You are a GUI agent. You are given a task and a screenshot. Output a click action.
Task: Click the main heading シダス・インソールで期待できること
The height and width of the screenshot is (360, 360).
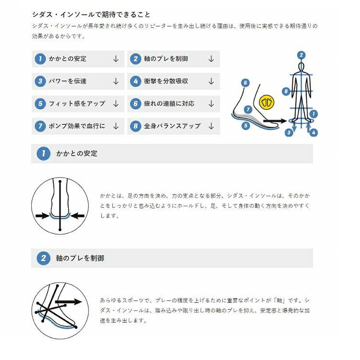91,15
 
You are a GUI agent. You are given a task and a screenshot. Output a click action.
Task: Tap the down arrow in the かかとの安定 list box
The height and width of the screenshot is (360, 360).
116,59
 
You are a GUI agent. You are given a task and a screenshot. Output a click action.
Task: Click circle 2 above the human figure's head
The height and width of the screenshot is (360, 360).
301,55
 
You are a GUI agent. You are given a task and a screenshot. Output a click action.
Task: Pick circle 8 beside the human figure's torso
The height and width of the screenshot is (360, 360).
286,91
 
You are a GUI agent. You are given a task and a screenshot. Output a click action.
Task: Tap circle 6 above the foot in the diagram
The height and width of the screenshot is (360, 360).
245,83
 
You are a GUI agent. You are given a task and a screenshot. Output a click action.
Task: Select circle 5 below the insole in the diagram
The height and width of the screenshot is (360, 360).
245,126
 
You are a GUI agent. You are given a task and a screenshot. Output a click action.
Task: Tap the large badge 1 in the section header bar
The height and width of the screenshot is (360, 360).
43,154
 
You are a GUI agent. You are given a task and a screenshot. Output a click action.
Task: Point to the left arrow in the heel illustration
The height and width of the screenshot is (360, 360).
44,215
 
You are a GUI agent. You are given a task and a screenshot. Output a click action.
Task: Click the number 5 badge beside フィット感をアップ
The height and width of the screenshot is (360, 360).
40,104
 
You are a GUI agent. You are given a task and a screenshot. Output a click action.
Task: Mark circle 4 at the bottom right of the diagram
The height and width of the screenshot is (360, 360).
314,132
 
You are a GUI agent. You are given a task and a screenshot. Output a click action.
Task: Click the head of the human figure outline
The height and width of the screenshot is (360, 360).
301,67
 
